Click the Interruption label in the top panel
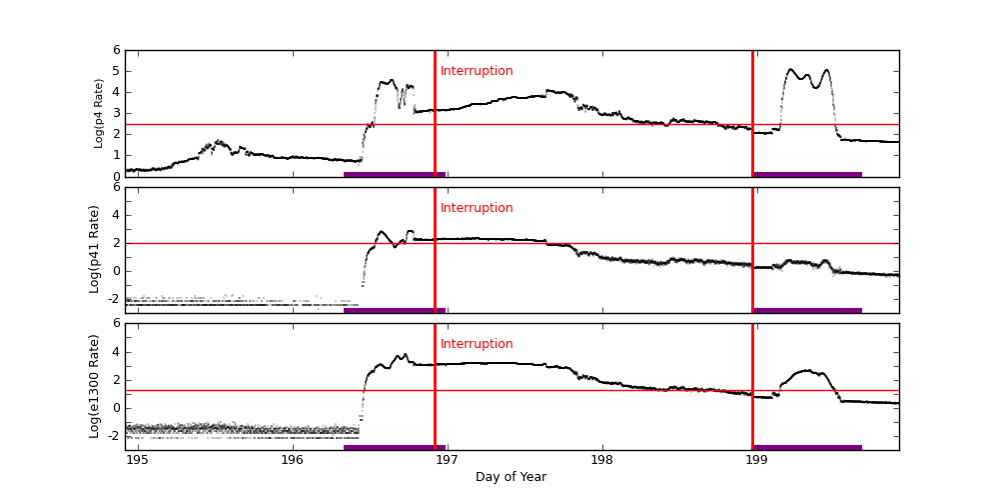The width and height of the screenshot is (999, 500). click(x=477, y=71)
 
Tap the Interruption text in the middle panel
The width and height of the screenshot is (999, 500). click(x=477, y=208)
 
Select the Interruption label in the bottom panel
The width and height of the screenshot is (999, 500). click(x=477, y=344)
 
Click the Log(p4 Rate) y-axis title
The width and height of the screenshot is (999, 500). click(x=99, y=113)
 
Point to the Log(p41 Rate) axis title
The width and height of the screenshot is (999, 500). click(x=95, y=249)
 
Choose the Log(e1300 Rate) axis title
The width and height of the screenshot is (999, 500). click(x=95, y=386)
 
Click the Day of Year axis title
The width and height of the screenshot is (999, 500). click(x=510, y=477)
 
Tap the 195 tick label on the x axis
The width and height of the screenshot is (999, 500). click(x=138, y=460)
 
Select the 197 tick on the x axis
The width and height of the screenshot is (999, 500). click(x=447, y=460)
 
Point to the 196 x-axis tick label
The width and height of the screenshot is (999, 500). click(x=292, y=460)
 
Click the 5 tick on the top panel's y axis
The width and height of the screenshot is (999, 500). click(x=117, y=71)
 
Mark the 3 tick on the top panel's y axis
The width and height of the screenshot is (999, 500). click(x=117, y=113)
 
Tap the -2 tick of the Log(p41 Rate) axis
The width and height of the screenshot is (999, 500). click(x=114, y=298)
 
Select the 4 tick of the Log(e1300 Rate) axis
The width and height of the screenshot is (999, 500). click(x=117, y=351)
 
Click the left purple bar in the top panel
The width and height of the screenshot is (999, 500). click(x=394, y=174)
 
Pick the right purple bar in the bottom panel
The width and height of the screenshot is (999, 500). click(x=807, y=447)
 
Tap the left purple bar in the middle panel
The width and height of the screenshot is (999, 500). click(x=394, y=310)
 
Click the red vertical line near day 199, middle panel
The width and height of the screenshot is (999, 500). click(x=752, y=250)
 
